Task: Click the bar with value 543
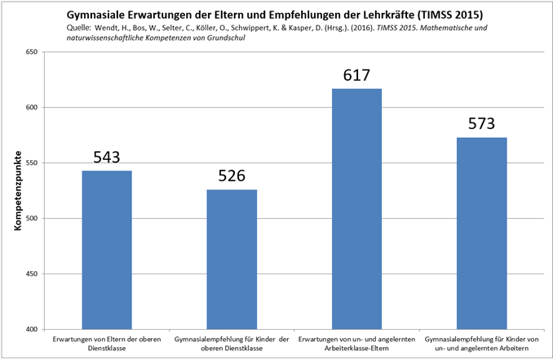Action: (x=106, y=249)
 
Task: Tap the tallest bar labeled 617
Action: (x=356, y=208)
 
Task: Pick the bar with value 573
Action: (x=482, y=233)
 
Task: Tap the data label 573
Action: (x=482, y=125)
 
